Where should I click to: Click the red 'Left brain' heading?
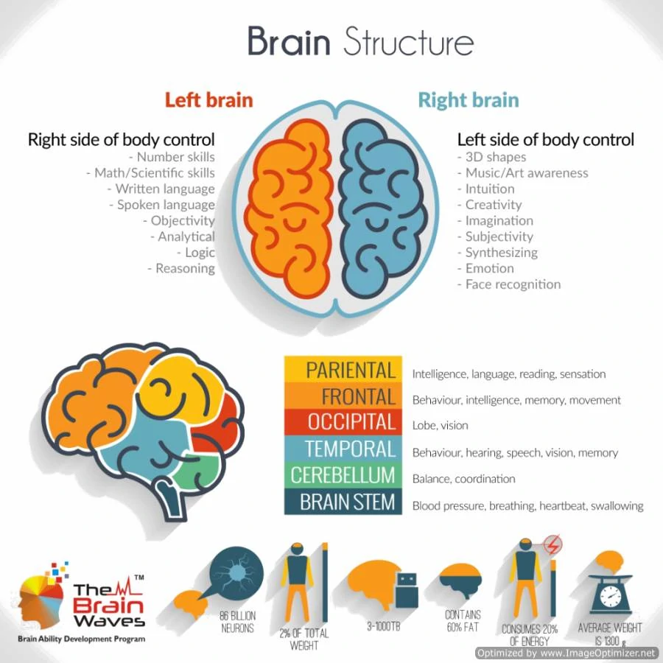209,100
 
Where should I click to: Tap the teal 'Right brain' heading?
469,101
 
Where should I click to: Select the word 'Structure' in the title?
408,41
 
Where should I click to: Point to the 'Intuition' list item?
486,189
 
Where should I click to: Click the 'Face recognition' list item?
509,284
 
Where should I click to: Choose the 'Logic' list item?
196,253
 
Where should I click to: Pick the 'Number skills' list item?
172,158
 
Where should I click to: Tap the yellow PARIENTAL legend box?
343,370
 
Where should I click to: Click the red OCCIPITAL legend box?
343,422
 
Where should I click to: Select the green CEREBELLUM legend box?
343,475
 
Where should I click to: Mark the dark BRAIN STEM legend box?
343,502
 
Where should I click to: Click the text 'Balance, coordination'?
464,479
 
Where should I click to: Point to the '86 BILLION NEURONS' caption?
238,622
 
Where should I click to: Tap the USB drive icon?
407,591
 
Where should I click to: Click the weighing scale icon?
611,594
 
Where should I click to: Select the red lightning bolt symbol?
552,544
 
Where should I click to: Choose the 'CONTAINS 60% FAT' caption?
463,621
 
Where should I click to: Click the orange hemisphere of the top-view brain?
288,207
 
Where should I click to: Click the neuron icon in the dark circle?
236,573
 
